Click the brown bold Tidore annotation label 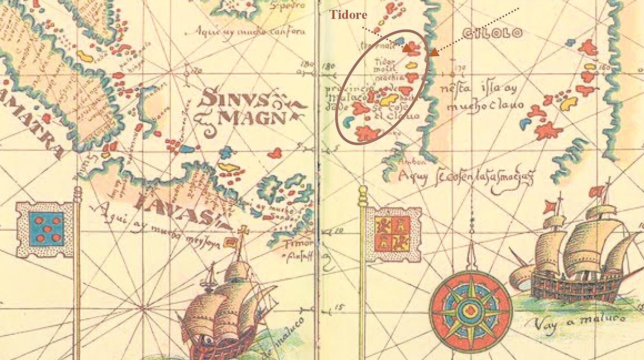[x=348, y=14]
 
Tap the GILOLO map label [x=492, y=34]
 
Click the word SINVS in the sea [x=234, y=98]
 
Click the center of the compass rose [x=471, y=311]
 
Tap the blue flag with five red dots [x=46, y=229]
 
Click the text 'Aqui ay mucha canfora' [x=252, y=31]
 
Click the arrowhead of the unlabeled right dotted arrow [x=434, y=52]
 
